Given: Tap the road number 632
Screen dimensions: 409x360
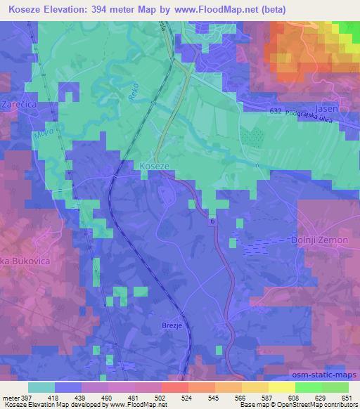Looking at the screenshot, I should (x=276, y=112).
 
